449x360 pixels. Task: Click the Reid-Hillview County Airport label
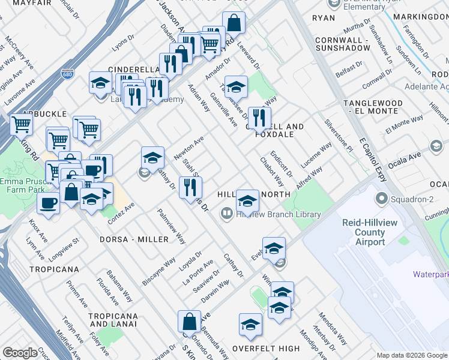pyautogui.click(x=372, y=232)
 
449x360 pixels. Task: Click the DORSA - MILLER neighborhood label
pyautogui.click(x=134, y=239)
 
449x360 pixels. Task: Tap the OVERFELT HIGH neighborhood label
pyautogui.click(x=266, y=348)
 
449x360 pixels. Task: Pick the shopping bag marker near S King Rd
pyautogui.click(x=189, y=322)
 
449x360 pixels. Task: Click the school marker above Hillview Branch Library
pyautogui.click(x=247, y=200)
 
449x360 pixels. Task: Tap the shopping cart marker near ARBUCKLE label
pyautogui.click(x=22, y=125)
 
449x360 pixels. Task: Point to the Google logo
pyautogui.click(x=20, y=353)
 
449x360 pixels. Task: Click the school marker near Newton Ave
pyautogui.click(x=152, y=158)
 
